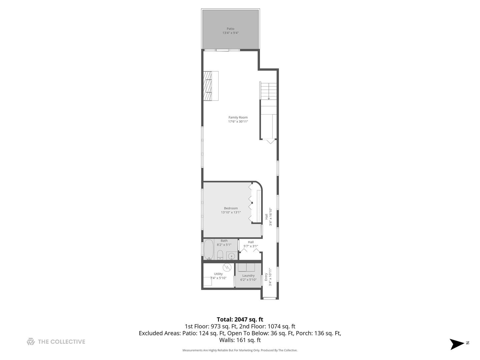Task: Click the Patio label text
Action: point(230,29)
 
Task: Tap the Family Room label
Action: point(238,117)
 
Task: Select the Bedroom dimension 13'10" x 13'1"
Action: point(231,212)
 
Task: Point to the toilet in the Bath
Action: point(220,255)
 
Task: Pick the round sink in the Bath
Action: point(231,256)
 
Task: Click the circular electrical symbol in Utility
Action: point(227,267)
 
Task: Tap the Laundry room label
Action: point(248,276)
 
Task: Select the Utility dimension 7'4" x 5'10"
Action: point(218,278)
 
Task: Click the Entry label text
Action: point(266,277)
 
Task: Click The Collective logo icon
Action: point(31,342)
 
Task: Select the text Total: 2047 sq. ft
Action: point(240,320)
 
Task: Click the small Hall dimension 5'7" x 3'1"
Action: point(251,246)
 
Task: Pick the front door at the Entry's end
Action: point(270,298)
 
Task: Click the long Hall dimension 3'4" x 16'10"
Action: point(271,217)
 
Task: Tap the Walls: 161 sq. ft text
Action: point(240,340)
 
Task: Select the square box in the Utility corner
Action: point(207,282)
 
